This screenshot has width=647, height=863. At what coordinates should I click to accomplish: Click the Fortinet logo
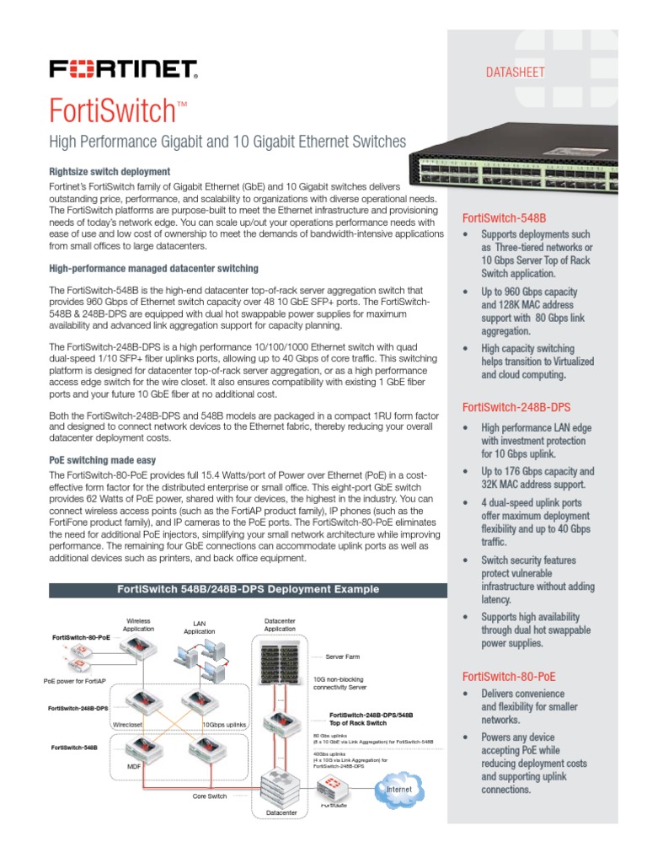[x=123, y=68]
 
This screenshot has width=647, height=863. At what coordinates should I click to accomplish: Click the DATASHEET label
[x=515, y=72]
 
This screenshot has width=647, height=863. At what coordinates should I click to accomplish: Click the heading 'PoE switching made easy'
[x=102, y=460]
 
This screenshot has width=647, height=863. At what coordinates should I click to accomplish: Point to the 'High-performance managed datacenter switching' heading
[x=153, y=269]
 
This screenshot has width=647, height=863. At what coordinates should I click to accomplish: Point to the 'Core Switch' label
[x=211, y=796]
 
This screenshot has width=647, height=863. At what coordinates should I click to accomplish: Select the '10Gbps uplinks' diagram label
[x=224, y=723]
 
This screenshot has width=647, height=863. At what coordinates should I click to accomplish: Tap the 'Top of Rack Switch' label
[x=358, y=723]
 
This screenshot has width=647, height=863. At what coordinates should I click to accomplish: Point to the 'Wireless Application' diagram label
[x=138, y=624]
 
